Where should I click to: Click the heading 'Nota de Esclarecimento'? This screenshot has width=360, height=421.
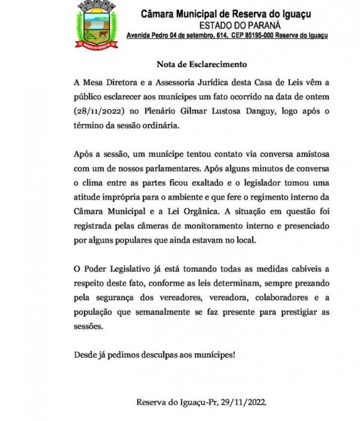[x=201, y=64]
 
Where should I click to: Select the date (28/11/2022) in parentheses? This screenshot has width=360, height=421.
[x=98, y=111]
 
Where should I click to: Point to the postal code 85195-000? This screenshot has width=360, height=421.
[x=257, y=36]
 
